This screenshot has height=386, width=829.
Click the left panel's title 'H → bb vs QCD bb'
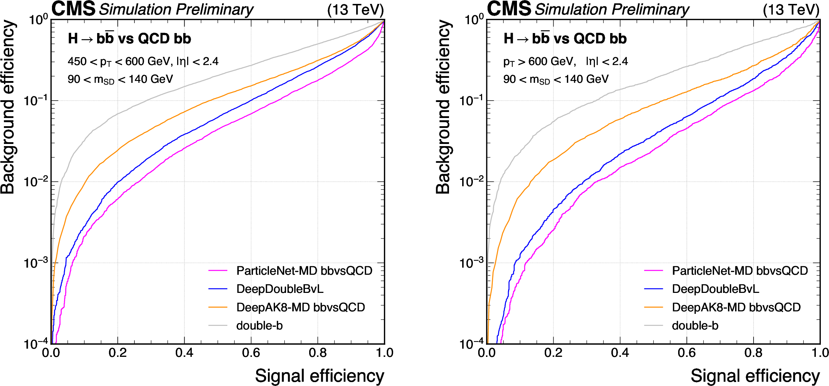coord(129,38)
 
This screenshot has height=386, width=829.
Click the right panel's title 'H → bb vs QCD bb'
coord(565,38)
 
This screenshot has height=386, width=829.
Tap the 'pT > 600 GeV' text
coord(539,61)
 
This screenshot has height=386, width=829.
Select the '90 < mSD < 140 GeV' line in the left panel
coord(120,79)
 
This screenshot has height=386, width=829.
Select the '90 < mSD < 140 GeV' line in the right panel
coord(556,79)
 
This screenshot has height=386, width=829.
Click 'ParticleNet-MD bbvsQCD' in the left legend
coord(304,271)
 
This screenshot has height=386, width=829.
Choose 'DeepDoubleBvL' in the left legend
coord(280,289)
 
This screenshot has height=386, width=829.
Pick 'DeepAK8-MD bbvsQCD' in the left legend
coord(301,307)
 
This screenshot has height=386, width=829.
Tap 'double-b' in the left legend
coord(259,326)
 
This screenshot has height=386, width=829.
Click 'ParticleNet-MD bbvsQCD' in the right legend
coord(740,271)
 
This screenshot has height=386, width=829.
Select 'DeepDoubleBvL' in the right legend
coord(716,289)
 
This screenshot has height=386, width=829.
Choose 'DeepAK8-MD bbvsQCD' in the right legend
coord(736,307)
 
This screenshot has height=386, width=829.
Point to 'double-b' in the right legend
coord(695,326)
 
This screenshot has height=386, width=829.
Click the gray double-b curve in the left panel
coord(184,86)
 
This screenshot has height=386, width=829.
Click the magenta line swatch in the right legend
coord(653,271)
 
